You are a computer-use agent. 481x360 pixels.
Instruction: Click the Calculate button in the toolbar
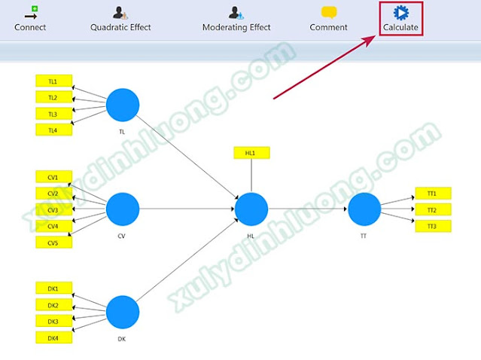[400, 18]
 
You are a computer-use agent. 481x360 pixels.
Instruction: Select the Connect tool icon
[31, 13]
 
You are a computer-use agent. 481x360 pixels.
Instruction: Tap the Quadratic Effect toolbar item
[120, 19]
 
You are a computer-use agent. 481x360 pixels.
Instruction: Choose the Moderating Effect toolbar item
[236, 19]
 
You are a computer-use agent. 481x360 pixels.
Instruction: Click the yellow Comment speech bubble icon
[329, 13]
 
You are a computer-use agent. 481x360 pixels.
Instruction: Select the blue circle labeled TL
[123, 105]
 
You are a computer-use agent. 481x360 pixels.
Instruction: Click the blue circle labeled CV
[123, 209]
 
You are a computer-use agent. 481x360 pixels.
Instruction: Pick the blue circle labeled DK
[123, 312]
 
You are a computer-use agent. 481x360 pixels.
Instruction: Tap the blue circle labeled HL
[251, 209]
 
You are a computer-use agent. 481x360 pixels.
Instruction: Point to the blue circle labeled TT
[364, 209]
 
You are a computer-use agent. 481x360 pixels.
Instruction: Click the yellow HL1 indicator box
[252, 153]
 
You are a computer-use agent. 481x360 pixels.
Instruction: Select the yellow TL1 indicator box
[54, 81]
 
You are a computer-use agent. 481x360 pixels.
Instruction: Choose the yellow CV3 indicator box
[54, 210]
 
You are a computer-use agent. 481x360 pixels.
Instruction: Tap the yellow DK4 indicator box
[54, 337]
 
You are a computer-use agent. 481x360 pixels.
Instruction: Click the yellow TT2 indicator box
[433, 209]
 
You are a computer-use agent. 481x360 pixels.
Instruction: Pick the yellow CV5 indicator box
[54, 243]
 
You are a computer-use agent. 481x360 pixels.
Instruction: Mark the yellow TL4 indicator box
[54, 130]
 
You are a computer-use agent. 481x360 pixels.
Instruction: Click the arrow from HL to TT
[308, 209]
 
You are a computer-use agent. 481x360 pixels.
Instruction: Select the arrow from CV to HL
[187, 209]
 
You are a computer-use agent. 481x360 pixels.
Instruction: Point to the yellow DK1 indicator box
[54, 288]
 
